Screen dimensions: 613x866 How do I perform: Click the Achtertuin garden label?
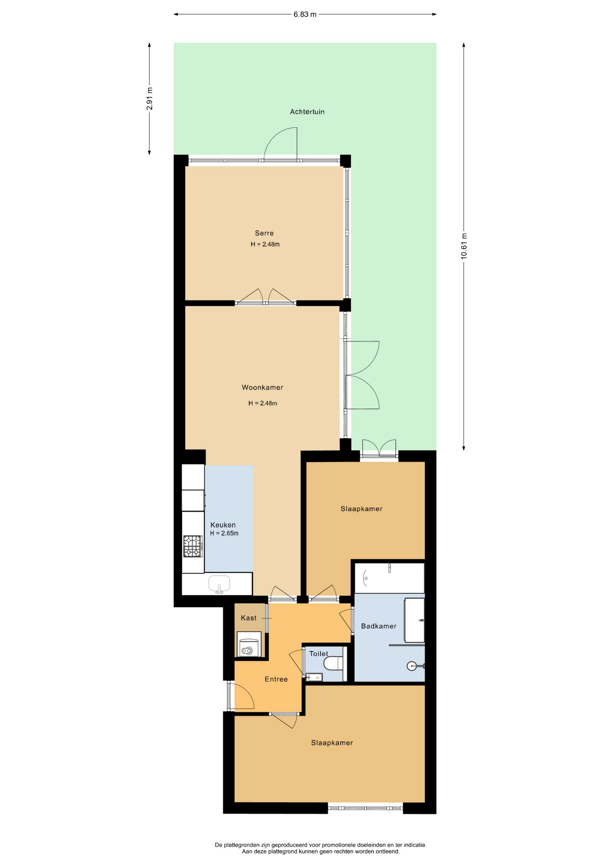(307, 112)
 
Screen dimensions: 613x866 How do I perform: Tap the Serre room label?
(264, 233)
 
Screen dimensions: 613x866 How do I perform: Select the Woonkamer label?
(262, 387)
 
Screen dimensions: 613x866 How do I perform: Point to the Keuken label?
(223, 525)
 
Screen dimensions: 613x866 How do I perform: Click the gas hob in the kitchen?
(193, 546)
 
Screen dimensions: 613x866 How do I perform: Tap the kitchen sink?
(219, 584)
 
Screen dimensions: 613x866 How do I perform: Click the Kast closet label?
(249, 618)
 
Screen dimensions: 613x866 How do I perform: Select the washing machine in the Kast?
(249, 644)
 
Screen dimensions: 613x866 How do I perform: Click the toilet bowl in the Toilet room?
(334, 663)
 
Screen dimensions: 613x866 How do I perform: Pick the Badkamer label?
(379, 626)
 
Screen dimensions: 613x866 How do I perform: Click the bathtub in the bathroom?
(389, 578)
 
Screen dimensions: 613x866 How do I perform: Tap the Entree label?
(276, 679)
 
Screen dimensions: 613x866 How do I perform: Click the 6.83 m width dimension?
(305, 14)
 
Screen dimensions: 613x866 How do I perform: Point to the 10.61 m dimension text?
(464, 246)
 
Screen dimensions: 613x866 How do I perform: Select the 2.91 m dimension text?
(149, 98)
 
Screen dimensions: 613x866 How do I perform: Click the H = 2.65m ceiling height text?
(224, 533)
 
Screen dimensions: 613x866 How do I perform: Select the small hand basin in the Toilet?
(315, 677)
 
